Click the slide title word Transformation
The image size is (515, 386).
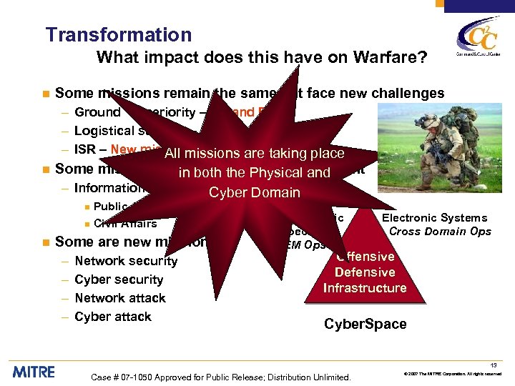click(119, 35)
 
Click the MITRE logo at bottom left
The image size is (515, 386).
click(34, 371)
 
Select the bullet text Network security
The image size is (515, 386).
click(126, 261)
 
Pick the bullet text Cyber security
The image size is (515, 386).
click(119, 279)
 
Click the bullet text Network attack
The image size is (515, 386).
click(120, 298)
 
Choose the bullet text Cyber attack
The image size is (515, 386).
click(113, 317)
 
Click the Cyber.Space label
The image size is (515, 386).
click(365, 324)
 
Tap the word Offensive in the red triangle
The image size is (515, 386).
click(366, 257)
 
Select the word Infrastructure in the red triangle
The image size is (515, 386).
click(365, 288)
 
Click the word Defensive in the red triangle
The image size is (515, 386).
click(365, 272)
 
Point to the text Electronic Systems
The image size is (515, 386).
click(435, 218)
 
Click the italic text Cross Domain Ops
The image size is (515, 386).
click(440, 231)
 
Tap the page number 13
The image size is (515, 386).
click(494, 365)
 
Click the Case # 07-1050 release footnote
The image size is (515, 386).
click(222, 377)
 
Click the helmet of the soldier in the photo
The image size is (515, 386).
click(427, 117)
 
